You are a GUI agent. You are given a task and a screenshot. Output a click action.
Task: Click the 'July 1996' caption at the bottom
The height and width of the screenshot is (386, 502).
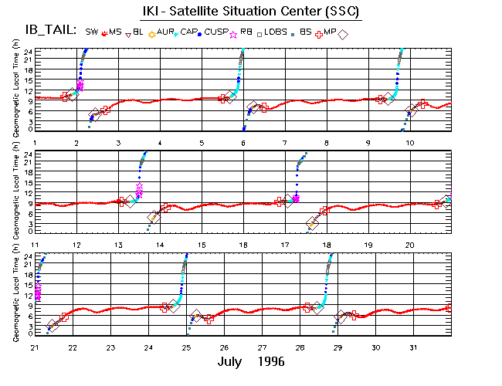[x=252, y=361]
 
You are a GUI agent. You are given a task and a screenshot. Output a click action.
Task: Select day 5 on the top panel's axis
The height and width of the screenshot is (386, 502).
[x=202, y=144]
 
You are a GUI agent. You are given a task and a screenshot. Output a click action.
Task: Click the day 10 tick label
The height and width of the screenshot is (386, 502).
[x=411, y=144]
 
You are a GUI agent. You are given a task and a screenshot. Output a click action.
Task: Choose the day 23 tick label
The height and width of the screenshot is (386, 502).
[x=111, y=347]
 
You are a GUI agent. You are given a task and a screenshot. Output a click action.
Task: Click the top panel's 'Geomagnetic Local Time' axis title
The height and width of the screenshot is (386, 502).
[x=16, y=90]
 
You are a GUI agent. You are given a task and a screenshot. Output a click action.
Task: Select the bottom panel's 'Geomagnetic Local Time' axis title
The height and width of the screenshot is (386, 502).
[x=16, y=296]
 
